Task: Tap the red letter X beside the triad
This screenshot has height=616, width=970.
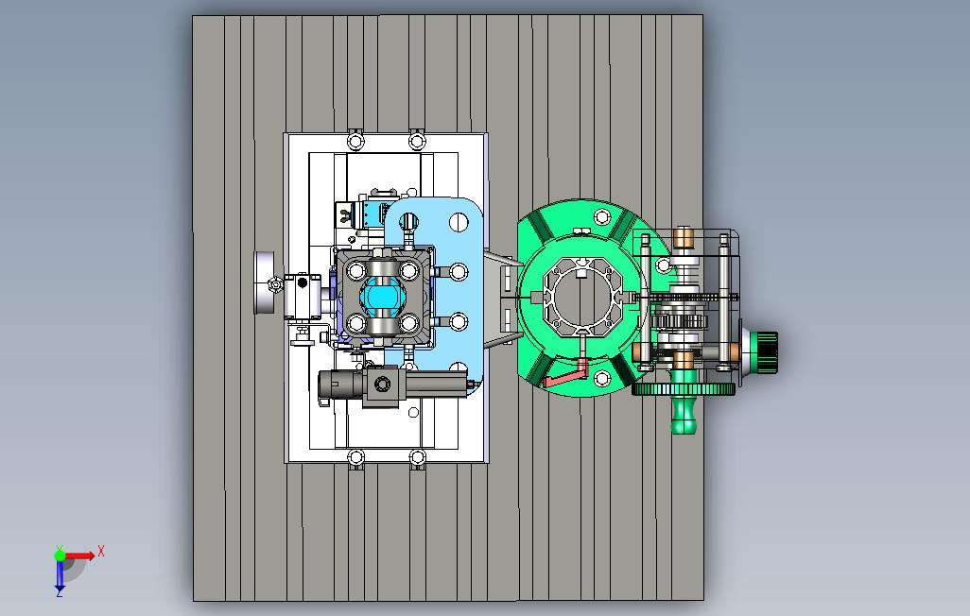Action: coord(101,551)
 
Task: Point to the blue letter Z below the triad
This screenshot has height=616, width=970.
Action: coord(60,593)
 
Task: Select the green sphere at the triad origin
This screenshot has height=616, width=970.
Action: coord(60,556)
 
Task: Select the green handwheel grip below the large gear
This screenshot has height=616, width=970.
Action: coord(684,415)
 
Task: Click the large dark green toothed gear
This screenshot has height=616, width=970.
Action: coord(684,389)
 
